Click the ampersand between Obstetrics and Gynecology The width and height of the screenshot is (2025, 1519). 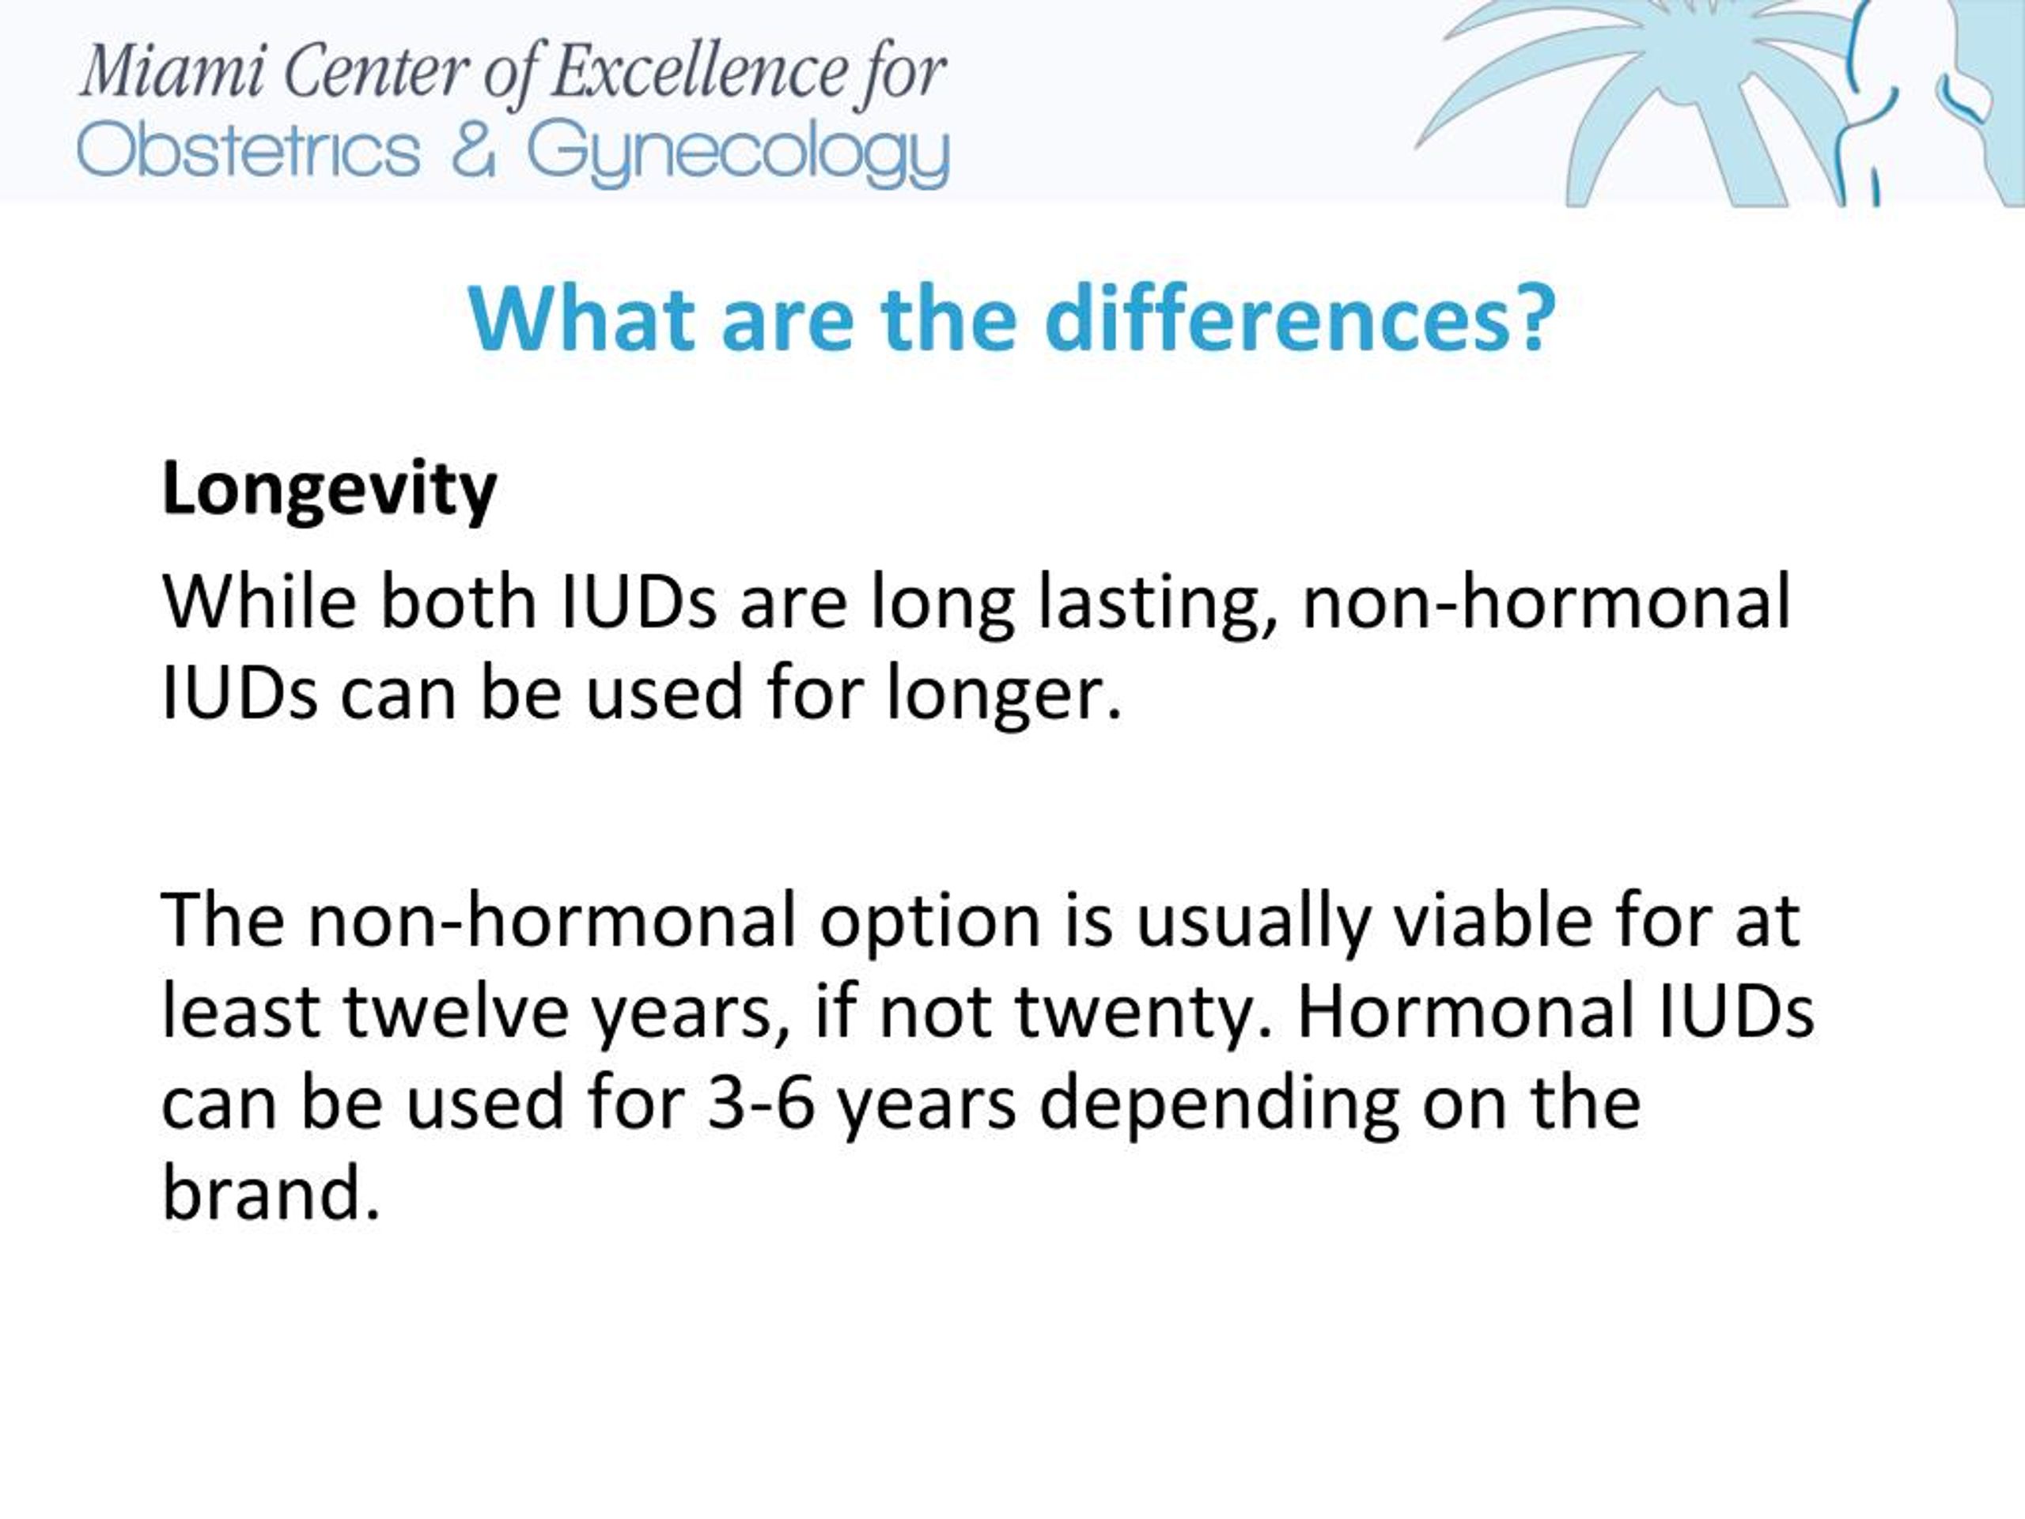point(473,151)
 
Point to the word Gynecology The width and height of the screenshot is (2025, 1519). point(738,156)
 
